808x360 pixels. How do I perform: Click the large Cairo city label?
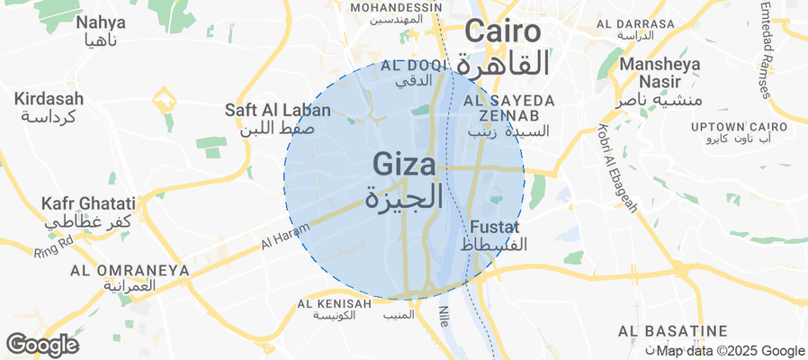[x=504, y=32]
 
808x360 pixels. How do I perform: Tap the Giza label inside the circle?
[x=405, y=166]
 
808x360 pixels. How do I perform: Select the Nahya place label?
[x=101, y=22]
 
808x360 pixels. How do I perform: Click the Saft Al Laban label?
[x=278, y=111]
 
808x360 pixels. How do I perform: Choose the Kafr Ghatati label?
[x=88, y=204]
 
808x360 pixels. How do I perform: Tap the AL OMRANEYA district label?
[x=130, y=270]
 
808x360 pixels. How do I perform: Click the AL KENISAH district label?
[x=334, y=304]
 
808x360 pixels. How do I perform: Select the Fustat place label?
[x=494, y=228]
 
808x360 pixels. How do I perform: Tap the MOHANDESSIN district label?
[x=396, y=7]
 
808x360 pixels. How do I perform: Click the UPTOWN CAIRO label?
[x=738, y=126]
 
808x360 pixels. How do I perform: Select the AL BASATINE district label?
[x=672, y=331]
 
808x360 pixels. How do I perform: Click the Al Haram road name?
[x=278, y=238]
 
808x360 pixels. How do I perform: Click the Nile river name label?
[x=444, y=316]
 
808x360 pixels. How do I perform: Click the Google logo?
[x=42, y=344]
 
